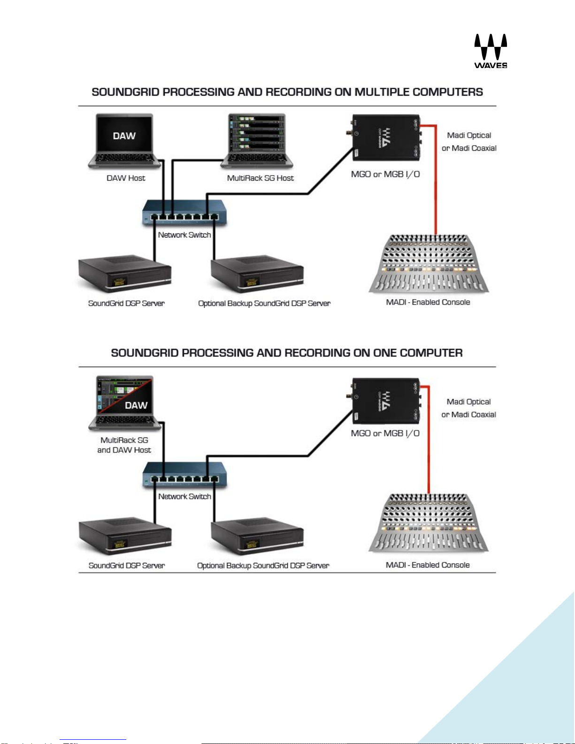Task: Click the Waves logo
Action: tap(491, 51)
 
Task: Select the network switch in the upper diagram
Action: tap(184, 212)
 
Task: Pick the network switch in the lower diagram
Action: tap(184, 474)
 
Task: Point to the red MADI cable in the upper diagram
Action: tap(436, 188)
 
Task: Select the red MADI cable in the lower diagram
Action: tap(428, 446)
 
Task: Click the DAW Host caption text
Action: tap(126, 178)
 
